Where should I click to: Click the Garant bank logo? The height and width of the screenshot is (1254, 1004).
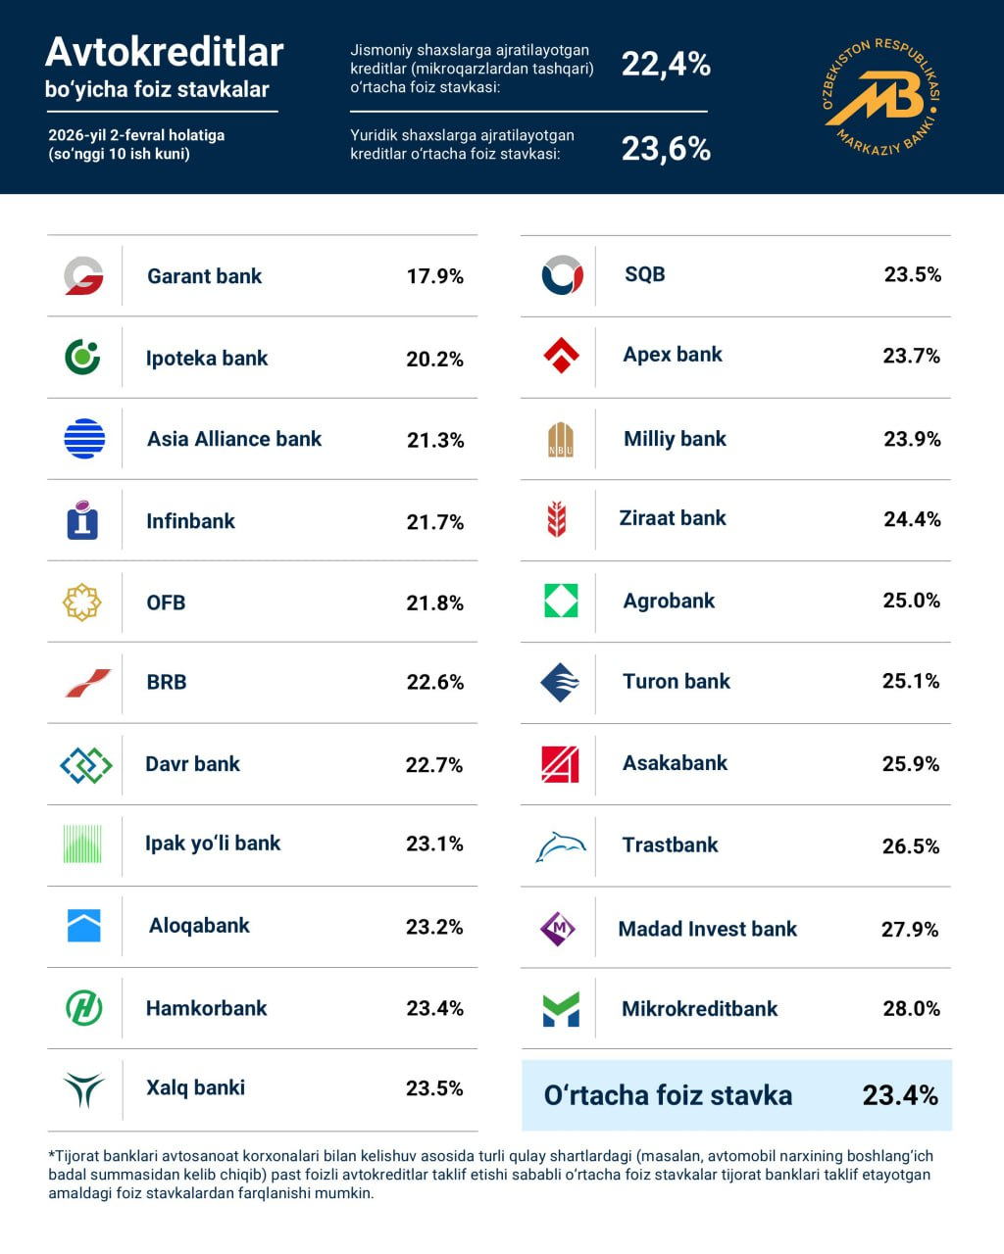pos(83,276)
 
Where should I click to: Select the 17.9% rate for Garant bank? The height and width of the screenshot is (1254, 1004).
pos(434,276)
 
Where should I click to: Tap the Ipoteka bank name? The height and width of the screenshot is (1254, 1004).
pos(207,359)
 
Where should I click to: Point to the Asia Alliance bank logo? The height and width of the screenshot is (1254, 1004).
pos(84,439)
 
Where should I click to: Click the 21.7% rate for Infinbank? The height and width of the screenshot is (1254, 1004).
pos(434,522)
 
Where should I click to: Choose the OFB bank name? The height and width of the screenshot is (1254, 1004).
pos(166,603)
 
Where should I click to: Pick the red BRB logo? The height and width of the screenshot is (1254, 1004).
pos(87,683)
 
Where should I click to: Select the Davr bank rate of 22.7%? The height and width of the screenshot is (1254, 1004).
pos(433,764)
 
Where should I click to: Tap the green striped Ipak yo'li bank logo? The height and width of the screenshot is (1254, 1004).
pos(82,844)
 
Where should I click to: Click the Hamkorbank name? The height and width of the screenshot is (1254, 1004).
pos(206,1008)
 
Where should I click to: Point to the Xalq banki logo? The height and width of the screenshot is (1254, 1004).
pos(83,1088)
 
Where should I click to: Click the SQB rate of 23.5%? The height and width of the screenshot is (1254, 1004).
pos(912,274)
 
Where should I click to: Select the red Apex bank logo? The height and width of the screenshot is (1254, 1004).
pos(561,356)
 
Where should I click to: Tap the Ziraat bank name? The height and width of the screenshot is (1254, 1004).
pos(673,518)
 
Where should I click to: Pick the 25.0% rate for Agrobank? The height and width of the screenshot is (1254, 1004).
pos(911,601)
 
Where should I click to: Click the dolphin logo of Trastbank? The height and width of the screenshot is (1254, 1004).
pos(560,846)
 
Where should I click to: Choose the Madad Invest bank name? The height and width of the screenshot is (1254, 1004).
pos(707,929)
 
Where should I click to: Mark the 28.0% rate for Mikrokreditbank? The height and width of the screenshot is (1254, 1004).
pos(911,1008)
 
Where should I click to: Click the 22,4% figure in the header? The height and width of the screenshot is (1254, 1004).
pos(666,65)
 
